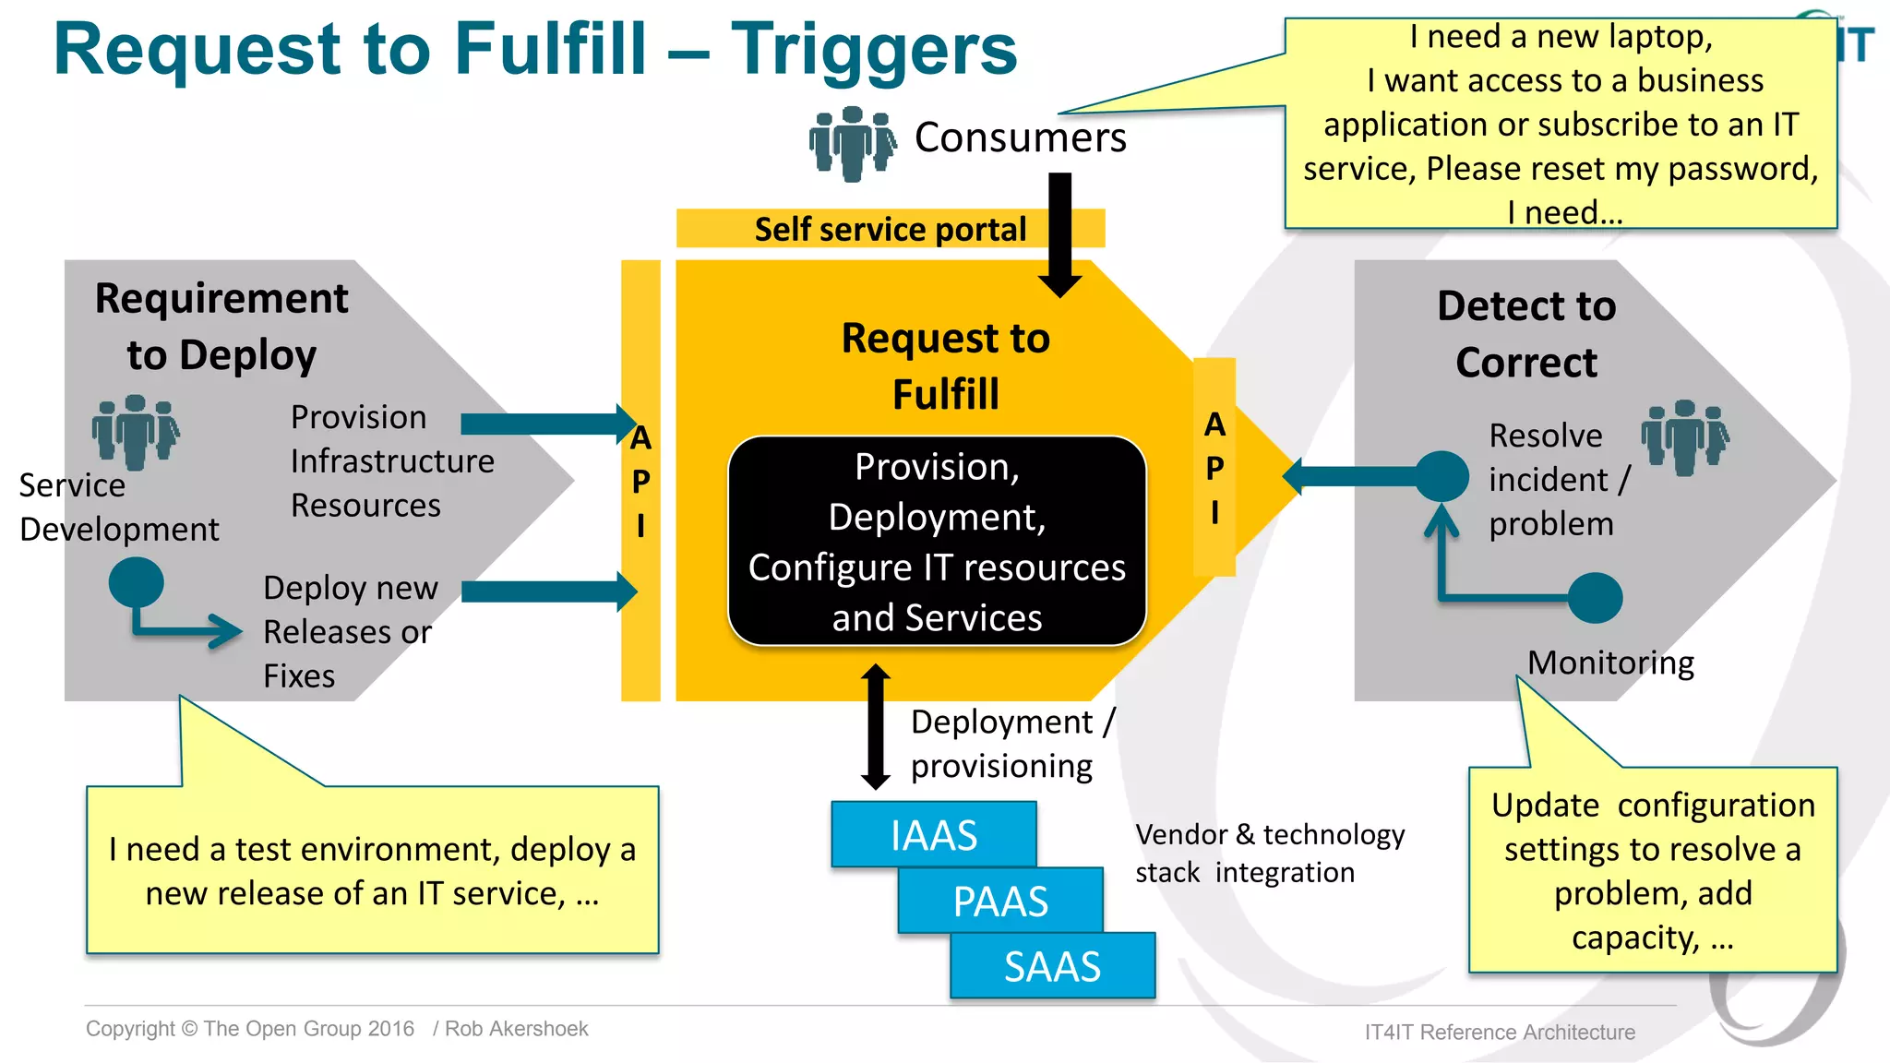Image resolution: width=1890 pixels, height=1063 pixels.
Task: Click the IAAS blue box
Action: [x=933, y=834]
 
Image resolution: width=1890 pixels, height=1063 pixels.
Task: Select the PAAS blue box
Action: [x=1000, y=901]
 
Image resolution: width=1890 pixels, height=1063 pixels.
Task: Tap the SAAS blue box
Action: [x=1052, y=966]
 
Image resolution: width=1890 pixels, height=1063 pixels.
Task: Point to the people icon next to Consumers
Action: [x=852, y=142]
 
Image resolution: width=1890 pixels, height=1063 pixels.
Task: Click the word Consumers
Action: [x=1020, y=137]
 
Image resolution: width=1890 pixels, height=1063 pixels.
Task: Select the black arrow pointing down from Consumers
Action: [x=1060, y=235]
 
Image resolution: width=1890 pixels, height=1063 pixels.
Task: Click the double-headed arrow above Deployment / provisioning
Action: [x=876, y=727]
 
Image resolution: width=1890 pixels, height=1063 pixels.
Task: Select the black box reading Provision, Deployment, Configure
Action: [x=937, y=542]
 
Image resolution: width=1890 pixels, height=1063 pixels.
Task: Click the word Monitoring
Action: [x=1610, y=663]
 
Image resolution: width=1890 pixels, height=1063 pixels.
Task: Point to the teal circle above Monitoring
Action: [x=1595, y=598]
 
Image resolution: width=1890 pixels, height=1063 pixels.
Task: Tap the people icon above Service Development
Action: [x=136, y=431]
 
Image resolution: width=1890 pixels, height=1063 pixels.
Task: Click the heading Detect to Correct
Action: [x=1526, y=334]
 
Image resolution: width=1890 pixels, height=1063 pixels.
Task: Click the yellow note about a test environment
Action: [x=372, y=869]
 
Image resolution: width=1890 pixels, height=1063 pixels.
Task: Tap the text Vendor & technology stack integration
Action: [x=1269, y=853]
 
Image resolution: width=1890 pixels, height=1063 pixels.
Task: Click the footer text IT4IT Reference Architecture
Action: [x=1499, y=1032]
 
